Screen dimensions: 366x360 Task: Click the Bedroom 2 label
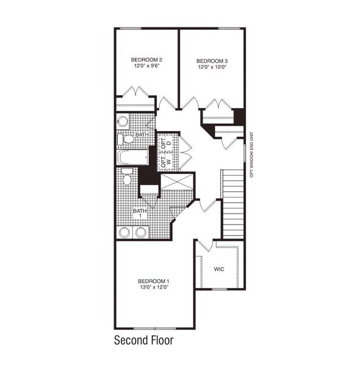pos(146,60)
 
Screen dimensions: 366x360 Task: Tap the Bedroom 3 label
pos(212,61)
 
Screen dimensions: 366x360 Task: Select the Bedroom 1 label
pos(151,281)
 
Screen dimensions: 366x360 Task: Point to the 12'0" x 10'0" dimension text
pos(212,68)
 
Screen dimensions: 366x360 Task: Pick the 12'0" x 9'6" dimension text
pos(146,66)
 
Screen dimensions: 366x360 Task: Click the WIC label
pos(220,268)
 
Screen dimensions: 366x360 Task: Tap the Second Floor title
pos(144,340)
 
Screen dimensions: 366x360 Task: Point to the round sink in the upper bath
pos(123,121)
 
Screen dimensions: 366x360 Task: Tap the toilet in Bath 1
pos(126,178)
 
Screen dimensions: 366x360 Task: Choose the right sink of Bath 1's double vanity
pos(141,232)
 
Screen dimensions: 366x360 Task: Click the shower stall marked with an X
pos(176,182)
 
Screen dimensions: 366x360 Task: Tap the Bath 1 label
pos(139,213)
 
